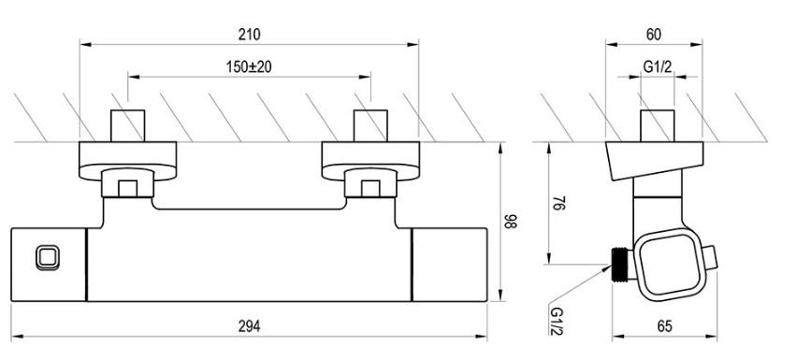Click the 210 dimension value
point(249,35)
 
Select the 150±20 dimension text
point(249,67)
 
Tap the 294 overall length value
point(249,326)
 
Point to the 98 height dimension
point(511,222)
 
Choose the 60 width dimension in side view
point(654,35)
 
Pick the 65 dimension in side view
point(664,326)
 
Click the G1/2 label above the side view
point(658,66)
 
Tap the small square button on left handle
point(48,258)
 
